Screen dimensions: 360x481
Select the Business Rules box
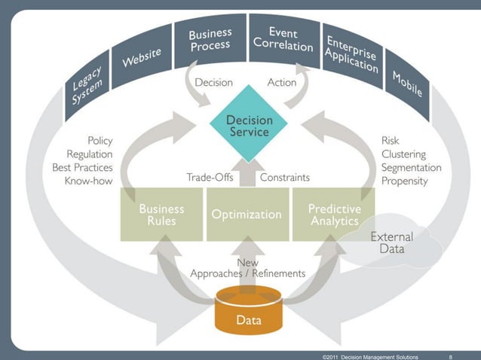click(x=161, y=215)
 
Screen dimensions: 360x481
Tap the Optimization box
click(x=247, y=215)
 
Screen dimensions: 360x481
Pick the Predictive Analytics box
click(x=335, y=214)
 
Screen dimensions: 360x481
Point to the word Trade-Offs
click(x=210, y=178)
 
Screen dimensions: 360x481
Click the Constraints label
click(x=285, y=178)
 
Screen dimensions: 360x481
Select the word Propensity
click(x=404, y=181)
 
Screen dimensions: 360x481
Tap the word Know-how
click(x=88, y=181)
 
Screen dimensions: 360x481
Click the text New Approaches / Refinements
click(x=248, y=268)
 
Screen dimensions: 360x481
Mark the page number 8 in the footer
click(x=450, y=355)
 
